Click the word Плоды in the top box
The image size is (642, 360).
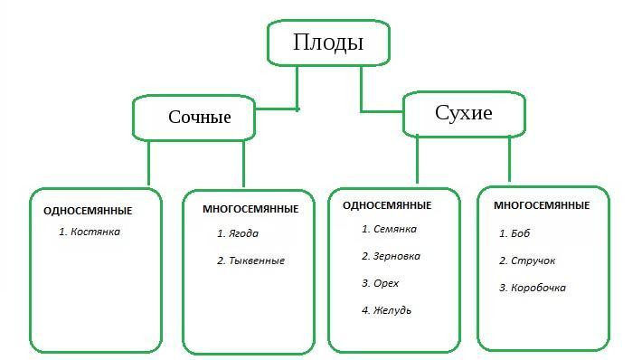click(328, 43)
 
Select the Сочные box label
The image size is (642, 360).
click(200, 117)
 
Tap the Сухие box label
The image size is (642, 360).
click(464, 113)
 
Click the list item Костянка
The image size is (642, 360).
click(95, 232)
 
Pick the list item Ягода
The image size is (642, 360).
click(243, 234)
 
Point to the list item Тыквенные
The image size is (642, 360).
click(257, 261)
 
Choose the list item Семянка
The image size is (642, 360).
click(395, 229)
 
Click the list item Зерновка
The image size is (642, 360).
click(396, 256)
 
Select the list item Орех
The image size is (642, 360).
click(386, 283)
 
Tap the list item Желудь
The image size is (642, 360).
click(392, 310)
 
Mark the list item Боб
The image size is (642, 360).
click(520, 233)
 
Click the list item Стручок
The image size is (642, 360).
click(533, 261)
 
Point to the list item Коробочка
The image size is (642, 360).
click(538, 288)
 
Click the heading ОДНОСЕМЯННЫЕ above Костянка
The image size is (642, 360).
click(88, 211)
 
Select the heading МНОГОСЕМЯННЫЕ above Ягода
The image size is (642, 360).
click(250, 209)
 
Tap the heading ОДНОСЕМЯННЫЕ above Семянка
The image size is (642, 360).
click(387, 205)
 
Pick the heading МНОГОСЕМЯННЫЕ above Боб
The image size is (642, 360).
click(542, 205)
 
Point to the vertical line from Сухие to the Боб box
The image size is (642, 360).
click(509, 159)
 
